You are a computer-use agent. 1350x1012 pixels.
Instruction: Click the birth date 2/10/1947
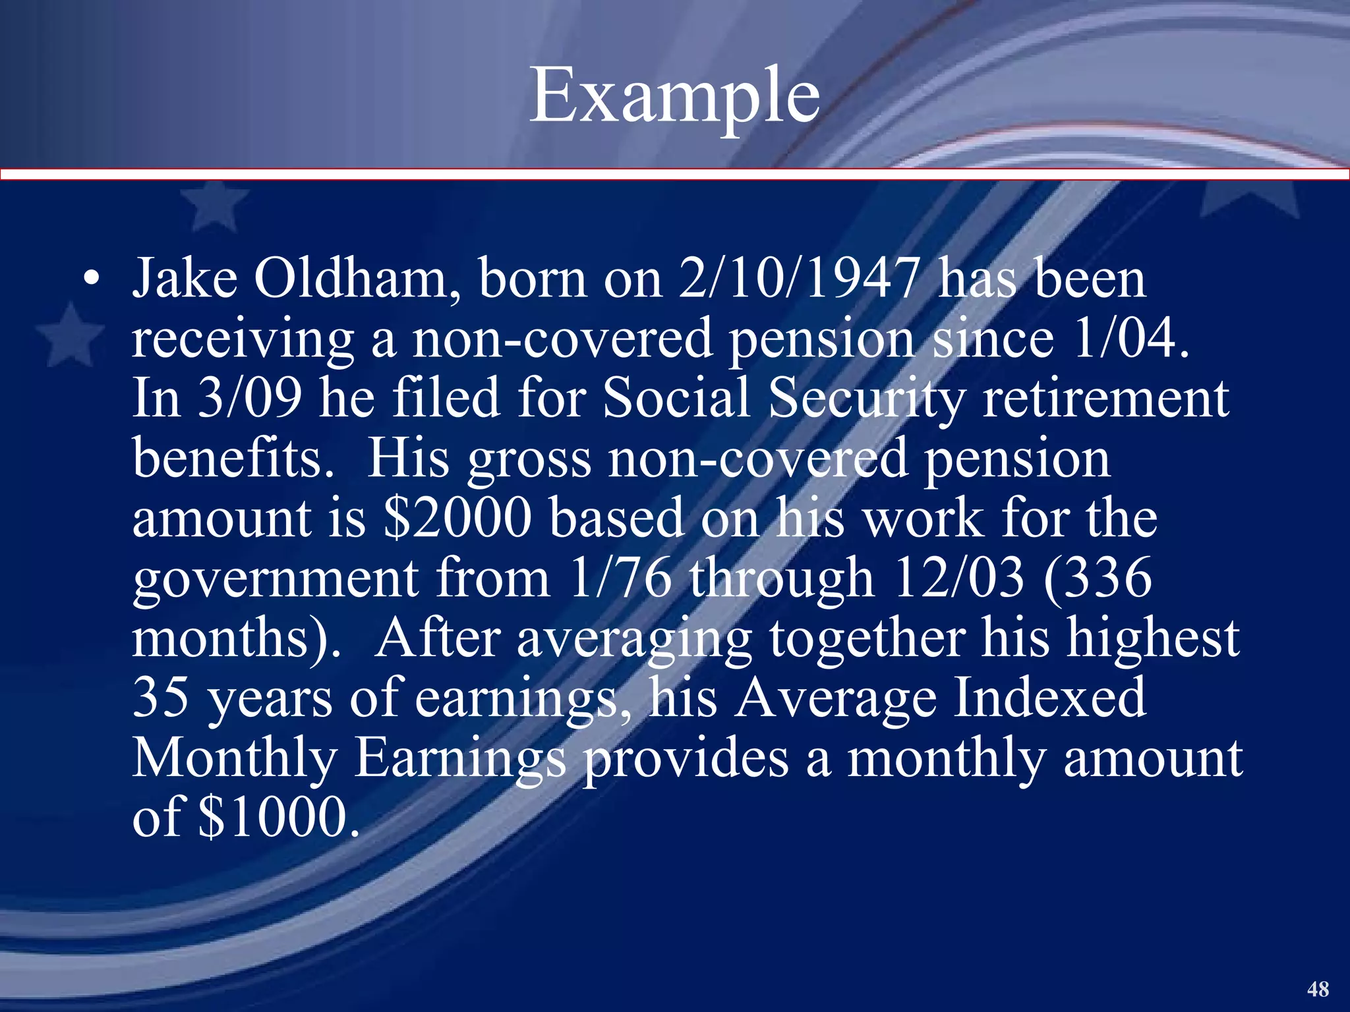click(798, 279)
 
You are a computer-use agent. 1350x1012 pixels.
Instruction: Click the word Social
click(676, 399)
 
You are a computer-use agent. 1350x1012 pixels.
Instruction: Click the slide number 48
click(1318, 989)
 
